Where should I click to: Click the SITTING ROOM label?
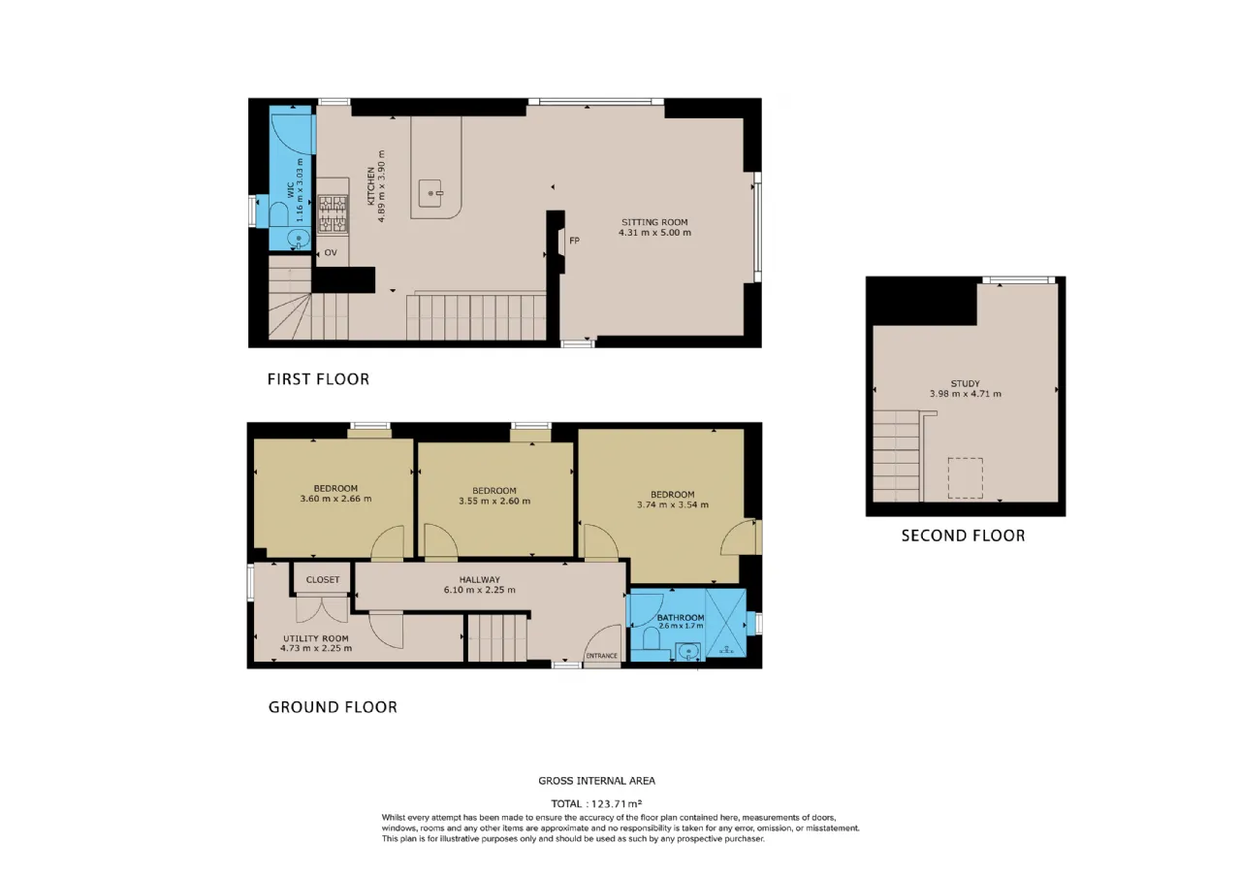click(654, 222)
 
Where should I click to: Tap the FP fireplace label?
click(575, 241)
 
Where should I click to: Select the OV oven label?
click(331, 253)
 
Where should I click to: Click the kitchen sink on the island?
click(431, 193)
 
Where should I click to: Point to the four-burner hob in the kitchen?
click(333, 213)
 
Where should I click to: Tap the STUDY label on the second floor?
click(965, 383)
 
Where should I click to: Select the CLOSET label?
click(323, 580)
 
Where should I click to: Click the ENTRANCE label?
click(602, 656)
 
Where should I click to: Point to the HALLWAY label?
click(479, 579)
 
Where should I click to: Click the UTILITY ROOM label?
click(316, 638)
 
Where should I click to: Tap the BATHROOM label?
click(681, 618)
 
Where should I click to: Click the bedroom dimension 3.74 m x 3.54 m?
click(673, 504)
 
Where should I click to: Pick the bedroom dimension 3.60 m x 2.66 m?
click(335, 499)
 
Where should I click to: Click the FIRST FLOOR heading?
click(318, 379)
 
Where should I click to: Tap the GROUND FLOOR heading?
click(333, 707)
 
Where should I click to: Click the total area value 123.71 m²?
click(617, 804)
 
